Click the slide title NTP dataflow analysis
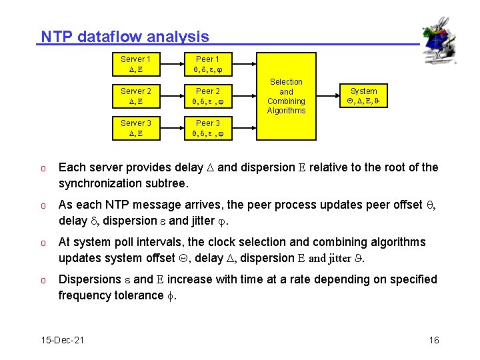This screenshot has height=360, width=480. (125, 37)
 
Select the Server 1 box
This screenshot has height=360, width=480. (135, 64)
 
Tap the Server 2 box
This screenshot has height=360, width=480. (135, 96)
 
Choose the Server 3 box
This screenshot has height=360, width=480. (135, 128)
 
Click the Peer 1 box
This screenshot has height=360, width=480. (207, 64)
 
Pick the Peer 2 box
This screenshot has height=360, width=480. (207, 96)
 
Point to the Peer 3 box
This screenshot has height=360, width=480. (207, 128)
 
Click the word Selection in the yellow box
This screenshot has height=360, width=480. (286, 82)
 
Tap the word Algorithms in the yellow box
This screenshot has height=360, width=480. (286, 111)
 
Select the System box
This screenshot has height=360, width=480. (363, 96)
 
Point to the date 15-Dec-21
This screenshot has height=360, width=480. (63, 341)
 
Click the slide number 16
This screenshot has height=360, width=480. (434, 341)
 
